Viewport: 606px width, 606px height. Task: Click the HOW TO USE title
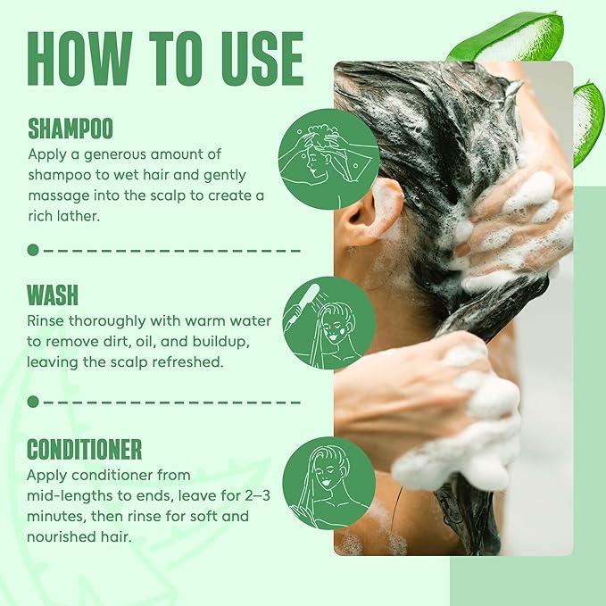[166, 61]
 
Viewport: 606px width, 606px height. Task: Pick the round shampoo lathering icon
[328, 159]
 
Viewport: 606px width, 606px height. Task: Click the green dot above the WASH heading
[33, 250]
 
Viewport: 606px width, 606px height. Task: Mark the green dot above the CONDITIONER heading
[33, 402]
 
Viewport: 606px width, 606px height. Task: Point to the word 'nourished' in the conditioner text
[62, 535]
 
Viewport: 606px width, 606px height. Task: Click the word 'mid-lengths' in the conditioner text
[68, 495]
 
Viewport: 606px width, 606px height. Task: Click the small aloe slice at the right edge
[589, 120]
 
